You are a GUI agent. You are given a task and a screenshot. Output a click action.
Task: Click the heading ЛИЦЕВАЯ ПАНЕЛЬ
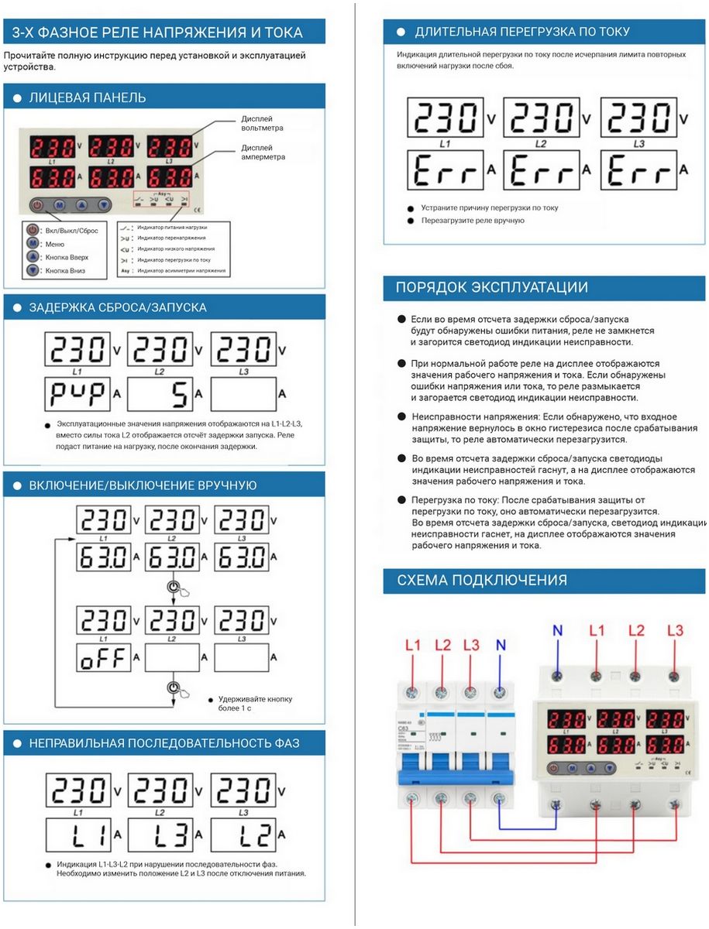click(87, 98)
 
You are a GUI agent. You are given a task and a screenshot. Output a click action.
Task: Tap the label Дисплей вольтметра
click(262, 123)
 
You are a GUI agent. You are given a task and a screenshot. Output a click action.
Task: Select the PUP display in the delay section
click(77, 394)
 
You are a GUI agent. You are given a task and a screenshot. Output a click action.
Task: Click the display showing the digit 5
click(159, 394)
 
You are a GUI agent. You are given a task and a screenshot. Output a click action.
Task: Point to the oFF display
click(104, 659)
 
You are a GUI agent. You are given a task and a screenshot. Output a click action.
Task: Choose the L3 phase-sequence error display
click(159, 835)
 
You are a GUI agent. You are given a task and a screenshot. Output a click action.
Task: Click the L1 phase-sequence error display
click(77, 835)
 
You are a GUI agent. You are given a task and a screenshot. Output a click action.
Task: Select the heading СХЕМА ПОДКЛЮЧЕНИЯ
click(481, 580)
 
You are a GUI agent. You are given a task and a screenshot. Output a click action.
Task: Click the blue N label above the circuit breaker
click(500, 645)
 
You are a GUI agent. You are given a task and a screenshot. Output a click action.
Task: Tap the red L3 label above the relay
click(675, 630)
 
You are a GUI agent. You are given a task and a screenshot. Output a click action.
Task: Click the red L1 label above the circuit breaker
click(413, 645)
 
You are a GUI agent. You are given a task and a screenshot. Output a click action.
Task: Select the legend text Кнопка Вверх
click(67, 257)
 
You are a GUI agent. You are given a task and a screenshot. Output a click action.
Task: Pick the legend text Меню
click(56, 244)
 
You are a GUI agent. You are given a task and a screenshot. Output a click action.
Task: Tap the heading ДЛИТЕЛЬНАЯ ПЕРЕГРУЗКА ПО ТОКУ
click(521, 32)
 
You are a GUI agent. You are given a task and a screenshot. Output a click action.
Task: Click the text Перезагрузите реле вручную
click(472, 221)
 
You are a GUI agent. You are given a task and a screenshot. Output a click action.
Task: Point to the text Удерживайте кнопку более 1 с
click(256, 703)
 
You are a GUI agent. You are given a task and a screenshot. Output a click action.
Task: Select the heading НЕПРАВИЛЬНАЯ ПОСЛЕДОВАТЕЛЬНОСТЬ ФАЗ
click(163, 743)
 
